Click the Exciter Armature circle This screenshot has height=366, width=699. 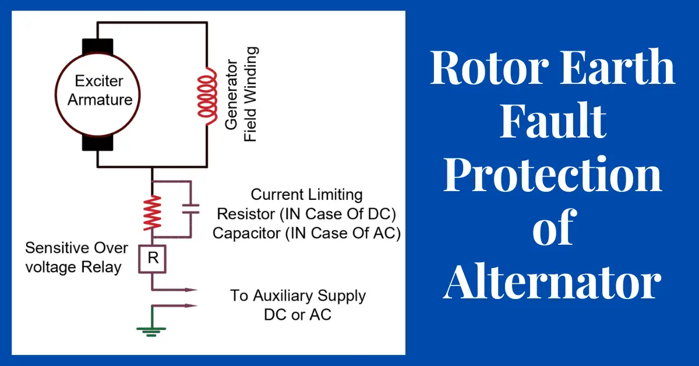pos(100,93)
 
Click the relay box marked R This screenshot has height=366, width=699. pos(153,259)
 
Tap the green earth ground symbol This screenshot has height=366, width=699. pos(151,330)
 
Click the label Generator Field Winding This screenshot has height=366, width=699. pos(242,95)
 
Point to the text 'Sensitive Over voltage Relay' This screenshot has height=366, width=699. pos(76,258)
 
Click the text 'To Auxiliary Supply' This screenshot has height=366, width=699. pos(298,296)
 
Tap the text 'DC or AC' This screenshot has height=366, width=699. pos(298,315)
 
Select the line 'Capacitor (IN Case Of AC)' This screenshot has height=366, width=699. pos(306,233)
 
